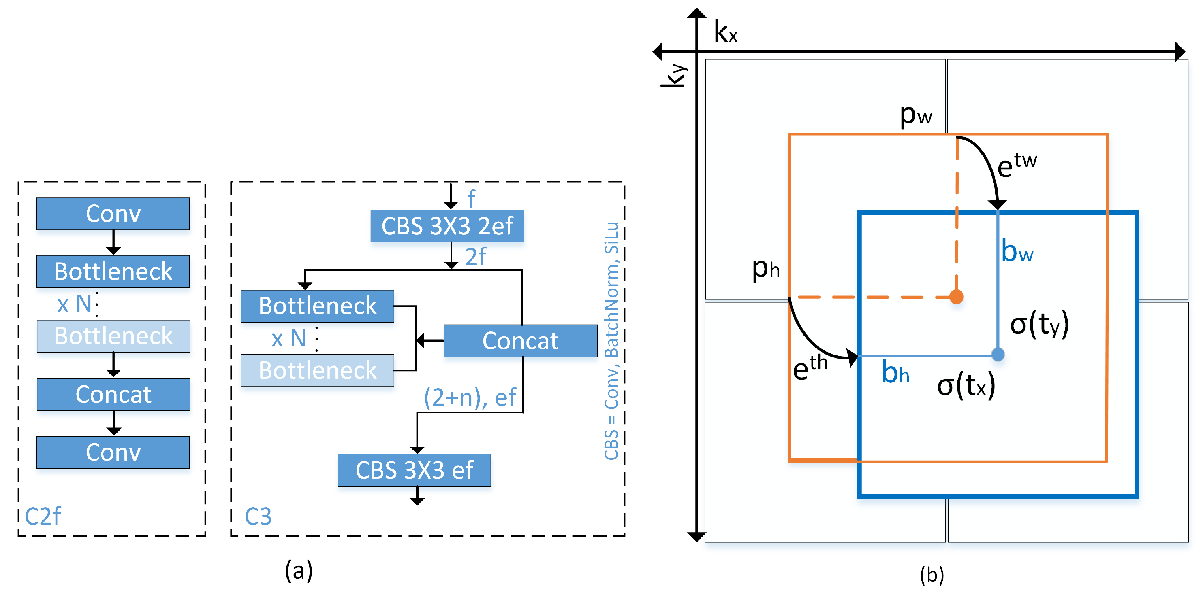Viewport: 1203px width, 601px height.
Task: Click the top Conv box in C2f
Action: pos(113,214)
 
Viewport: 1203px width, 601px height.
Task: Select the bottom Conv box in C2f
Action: pos(113,452)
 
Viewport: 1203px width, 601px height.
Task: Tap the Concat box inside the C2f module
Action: pos(113,394)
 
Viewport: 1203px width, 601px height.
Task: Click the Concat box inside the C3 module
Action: pos(520,341)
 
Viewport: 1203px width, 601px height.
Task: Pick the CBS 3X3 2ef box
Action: pos(447,226)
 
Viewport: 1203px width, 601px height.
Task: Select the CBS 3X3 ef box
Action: pos(414,470)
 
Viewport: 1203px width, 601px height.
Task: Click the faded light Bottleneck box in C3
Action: pos(317,370)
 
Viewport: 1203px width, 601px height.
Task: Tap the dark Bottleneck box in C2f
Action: pos(113,272)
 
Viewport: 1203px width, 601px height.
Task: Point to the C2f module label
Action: pos(43,516)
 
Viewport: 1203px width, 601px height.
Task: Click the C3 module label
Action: pos(258,516)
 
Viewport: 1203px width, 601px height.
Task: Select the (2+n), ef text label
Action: pos(469,397)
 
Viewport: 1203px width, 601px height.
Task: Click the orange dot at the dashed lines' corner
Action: pos(956,297)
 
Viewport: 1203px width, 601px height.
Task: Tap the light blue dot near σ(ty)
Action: pos(998,355)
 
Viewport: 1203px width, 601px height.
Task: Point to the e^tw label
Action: pos(1017,164)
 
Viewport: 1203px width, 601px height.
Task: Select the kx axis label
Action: pos(725,33)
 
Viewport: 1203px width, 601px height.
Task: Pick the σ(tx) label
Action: pos(966,385)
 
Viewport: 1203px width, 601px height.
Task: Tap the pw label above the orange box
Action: pos(915,114)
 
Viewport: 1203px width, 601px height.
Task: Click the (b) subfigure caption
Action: pos(932,575)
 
